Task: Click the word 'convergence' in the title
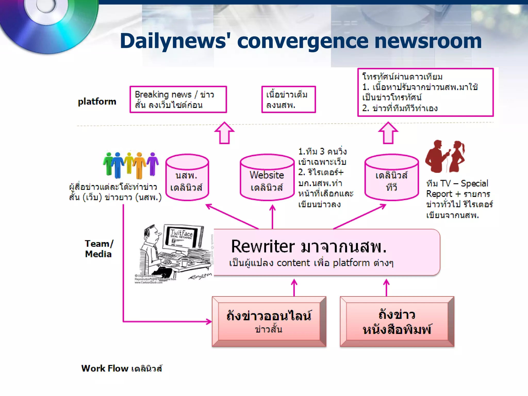[303, 41]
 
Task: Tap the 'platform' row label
[97, 102]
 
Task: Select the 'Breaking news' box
[178, 100]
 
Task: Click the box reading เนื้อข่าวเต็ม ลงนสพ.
[288, 100]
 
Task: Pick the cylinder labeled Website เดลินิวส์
[267, 178]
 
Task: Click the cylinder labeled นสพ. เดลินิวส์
[187, 178]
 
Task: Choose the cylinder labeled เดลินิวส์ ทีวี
[391, 178]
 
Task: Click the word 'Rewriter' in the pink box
[263, 246]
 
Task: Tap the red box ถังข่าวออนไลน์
[269, 321]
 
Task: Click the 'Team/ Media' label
[99, 249]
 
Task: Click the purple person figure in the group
[153, 164]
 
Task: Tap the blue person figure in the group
[118, 165]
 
